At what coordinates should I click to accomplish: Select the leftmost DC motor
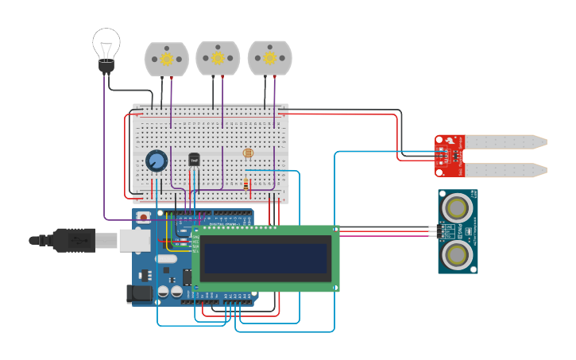pos(167,60)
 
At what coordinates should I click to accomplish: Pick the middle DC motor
pos(218,59)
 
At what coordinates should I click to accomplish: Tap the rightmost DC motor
pos(270,58)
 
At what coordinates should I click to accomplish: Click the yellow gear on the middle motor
pos(218,58)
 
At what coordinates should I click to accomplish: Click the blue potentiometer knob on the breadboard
pos(157,161)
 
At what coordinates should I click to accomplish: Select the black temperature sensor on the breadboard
pos(194,160)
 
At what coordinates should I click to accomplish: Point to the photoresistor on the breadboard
pos(248,152)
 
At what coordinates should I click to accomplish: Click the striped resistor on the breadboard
pos(246,185)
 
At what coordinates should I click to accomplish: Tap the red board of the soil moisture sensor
pos(449,156)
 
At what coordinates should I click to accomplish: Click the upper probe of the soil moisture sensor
pos(505,142)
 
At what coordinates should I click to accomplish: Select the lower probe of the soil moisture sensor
pos(505,170)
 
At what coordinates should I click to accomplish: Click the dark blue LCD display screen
pos(265,258)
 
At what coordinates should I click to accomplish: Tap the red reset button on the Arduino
pos(143,217)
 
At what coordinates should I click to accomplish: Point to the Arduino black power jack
pos(140,293)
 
